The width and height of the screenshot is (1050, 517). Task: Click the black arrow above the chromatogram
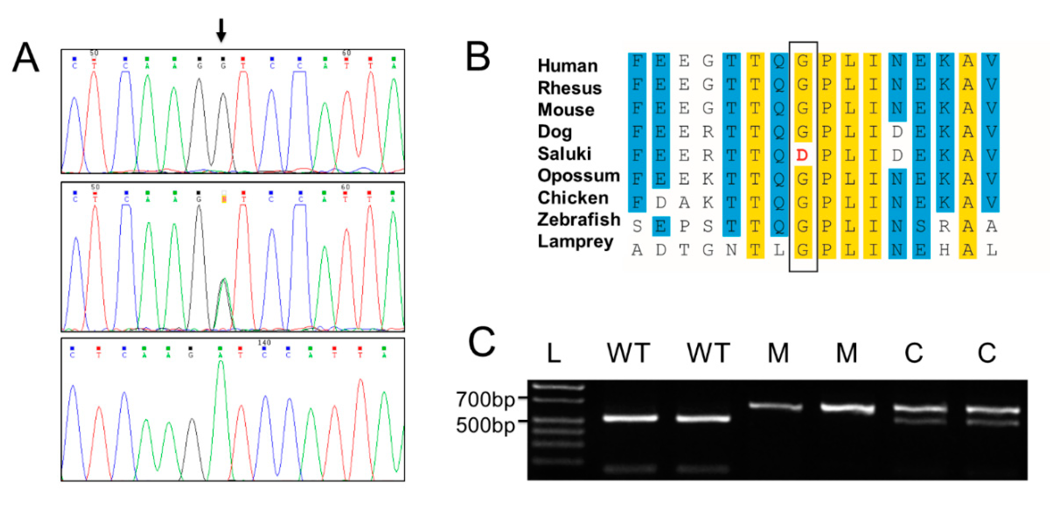[x=221, y=30]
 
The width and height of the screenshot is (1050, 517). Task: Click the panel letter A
[x=26, y=58]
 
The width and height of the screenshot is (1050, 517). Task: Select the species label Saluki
[x=564, y=154]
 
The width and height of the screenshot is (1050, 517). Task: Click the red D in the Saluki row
[x=802, y=155]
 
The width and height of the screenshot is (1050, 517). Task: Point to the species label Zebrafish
[x=578, y=220]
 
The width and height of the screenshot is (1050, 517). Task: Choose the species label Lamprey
[x=575, y=241]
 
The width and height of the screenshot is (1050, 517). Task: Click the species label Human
[x=568, y=66]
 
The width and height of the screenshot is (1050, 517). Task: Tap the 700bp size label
[x=485, y=399]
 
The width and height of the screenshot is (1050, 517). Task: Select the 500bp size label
[x=485, y=425]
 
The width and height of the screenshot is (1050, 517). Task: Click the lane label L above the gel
[x=553, y=353]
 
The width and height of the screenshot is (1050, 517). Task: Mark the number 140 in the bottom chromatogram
[x=264, y=342]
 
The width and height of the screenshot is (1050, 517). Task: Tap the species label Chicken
[x=573, y=198]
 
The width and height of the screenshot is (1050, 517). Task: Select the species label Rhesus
[x=569, y=88]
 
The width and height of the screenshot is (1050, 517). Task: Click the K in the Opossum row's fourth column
[x=708, y=179]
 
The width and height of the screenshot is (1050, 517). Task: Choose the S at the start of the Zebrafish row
[x=637, y=226]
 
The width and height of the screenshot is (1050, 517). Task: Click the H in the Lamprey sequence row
[x=944, y=250]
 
